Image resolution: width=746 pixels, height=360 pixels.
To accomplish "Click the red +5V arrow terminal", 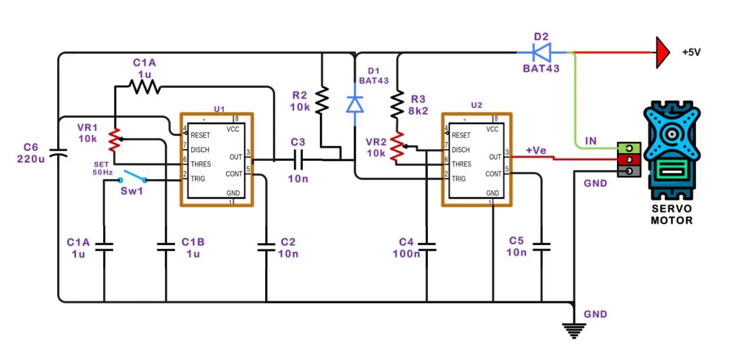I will point(662,52).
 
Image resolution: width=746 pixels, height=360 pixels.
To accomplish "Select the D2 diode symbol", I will point(541,52).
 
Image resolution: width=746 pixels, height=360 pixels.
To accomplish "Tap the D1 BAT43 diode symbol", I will point(354,104).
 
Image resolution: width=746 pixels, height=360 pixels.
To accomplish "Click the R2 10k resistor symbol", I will point(322,100).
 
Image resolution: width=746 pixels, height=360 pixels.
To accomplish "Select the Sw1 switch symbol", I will point(133,177).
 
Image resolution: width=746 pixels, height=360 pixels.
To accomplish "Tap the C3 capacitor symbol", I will point(298,159).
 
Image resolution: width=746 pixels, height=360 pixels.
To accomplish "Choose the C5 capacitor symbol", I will point(541,245).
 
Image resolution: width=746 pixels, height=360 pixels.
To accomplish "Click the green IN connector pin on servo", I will point(629,147).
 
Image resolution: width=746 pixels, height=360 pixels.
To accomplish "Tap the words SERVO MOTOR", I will point(671,215).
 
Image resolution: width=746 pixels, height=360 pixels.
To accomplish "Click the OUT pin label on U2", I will point(495,157).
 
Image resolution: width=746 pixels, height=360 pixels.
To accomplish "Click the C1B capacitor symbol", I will point(166,246).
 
